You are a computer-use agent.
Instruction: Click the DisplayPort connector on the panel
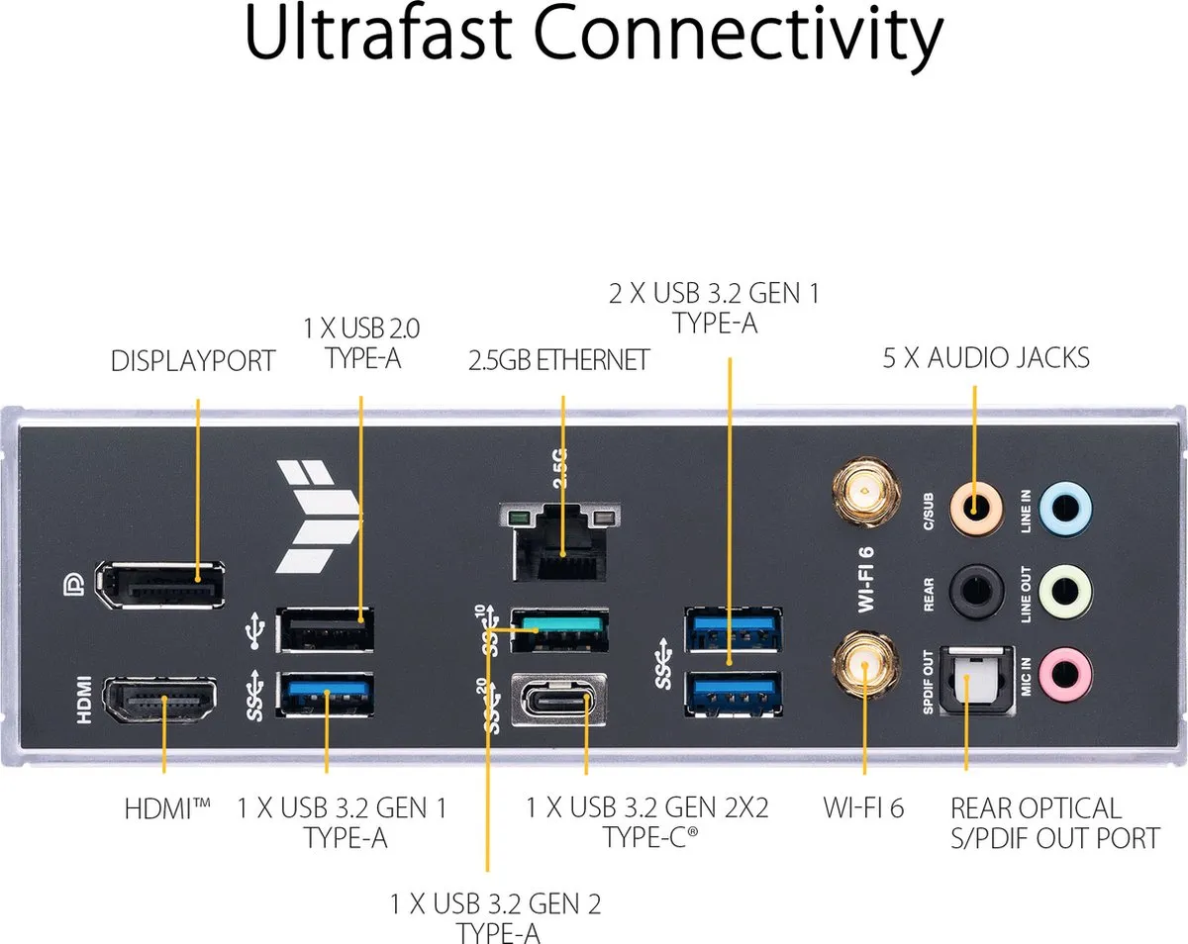point(159,585)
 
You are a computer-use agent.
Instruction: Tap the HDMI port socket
point(160,701)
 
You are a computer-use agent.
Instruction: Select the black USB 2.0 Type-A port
point(325,629)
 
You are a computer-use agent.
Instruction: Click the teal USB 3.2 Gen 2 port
point(559,629)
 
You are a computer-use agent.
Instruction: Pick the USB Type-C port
point(558,701)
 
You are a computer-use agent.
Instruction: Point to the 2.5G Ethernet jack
point(559,542)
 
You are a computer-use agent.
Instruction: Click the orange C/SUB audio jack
point(975,509)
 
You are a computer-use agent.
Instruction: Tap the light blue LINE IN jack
point(1065,509)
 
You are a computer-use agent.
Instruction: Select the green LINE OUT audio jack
point(1065,592)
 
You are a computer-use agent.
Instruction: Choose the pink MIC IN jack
point(1065,674)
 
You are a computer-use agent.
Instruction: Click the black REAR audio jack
point(976,592)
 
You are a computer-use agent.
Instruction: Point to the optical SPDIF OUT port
point(976,682)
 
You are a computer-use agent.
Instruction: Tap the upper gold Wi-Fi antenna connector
point(865,491)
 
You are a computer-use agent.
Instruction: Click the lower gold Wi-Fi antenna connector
point(865,665)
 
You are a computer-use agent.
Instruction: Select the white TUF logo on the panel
point(319,517)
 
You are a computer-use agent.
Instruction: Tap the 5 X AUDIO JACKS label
point(986,357)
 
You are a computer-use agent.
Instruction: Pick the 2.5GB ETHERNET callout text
point(558,360)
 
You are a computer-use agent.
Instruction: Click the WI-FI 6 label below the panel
point(863,807)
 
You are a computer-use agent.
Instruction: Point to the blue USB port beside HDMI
point(325,695)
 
